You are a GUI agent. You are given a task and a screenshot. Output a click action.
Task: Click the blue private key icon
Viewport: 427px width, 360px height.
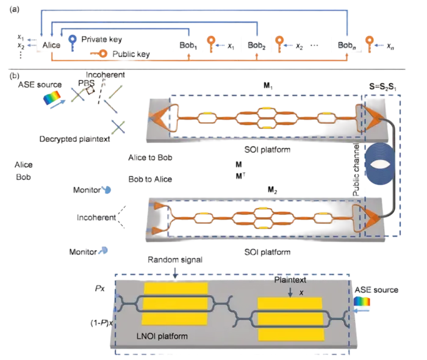pyautogui.click(x=72, y=42)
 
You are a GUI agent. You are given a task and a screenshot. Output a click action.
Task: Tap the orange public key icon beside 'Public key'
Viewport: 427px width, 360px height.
pyautogui.click(x=99, y=53)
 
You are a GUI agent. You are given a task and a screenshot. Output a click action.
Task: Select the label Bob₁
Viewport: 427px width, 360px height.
pyautogui.click(x=188, y=46)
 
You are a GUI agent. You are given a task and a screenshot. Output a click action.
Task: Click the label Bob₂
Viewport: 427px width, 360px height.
pyautogui.click(x=257, y=46)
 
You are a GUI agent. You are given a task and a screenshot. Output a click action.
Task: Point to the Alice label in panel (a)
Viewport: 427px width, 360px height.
pyautogui.click(x=51, y=45)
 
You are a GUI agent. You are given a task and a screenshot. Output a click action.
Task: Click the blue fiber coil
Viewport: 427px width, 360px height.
pyautogui.click(x=381, y=164)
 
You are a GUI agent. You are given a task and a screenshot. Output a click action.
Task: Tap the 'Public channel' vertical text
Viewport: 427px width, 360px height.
pyautogui.click(x=356, y=170)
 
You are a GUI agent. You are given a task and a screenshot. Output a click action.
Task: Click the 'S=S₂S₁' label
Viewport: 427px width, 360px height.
pyautogui.click(x=382, y=87)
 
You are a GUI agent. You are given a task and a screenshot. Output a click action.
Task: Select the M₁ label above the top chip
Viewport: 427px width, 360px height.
pyautogui.click(x=268, y=86)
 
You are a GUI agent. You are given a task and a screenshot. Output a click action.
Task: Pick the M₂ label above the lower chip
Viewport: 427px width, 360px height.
pyautogui.click(x=272, y=190)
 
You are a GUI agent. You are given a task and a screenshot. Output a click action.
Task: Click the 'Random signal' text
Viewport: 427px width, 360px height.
pyautogui.click(x=175, y=260)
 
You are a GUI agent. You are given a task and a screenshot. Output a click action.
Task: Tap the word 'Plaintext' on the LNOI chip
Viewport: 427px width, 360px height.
pyautogui.click(x=290, y=280)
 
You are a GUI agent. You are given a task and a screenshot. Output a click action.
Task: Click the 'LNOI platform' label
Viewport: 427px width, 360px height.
pyautogui.click(x=162, y=336)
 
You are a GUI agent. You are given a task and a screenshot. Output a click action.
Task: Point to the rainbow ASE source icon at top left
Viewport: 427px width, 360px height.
pyautogui.click(x=52, y=98)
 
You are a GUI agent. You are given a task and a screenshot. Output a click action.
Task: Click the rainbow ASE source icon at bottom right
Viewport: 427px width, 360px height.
pyautogui.click(x=362, y=301)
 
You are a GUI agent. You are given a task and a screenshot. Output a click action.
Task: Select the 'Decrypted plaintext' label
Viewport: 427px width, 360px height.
pyautogui.click(x=74, y=139)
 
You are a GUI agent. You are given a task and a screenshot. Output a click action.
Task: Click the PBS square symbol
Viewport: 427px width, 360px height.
pyautogui.click(x=90, y=90)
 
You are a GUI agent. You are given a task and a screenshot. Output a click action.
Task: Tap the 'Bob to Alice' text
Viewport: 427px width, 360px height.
pyautogui.click(x=150, y=179)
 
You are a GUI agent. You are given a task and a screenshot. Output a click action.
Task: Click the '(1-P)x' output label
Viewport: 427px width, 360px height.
pyautogui.click(x=102, y=323)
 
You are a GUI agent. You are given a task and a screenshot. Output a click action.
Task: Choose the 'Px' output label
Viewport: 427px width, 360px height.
pyautogui.click(x=99, y=289)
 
